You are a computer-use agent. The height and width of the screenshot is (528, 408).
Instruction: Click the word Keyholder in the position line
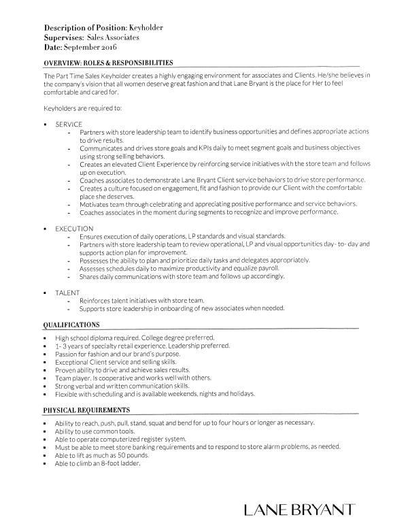point(146,27)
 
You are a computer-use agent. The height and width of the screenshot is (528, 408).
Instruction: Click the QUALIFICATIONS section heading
point(71,326)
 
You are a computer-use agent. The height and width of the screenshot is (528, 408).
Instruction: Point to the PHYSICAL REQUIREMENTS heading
point(87,410)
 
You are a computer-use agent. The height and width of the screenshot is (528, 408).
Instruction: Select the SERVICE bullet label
point(69,125)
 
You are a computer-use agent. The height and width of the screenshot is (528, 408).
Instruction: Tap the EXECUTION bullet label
point(74,228)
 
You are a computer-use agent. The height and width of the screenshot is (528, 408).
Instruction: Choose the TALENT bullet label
point(67,292)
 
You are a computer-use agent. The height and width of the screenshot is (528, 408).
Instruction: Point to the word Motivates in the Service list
point(97,204)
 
